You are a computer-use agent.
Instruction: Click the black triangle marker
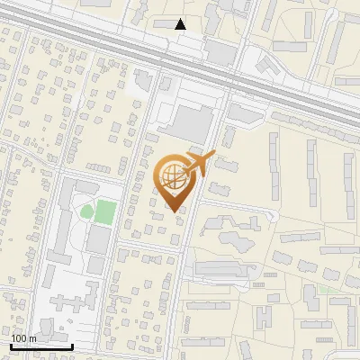(x=181, y=25)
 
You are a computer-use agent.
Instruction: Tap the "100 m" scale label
(x=24, y=338)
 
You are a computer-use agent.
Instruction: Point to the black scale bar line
(x=41, y=346)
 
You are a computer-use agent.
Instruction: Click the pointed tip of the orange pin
(x=174, y=211)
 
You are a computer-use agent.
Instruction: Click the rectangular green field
(x=105, y=213)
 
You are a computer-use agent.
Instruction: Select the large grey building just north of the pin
(x=192, y=123)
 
